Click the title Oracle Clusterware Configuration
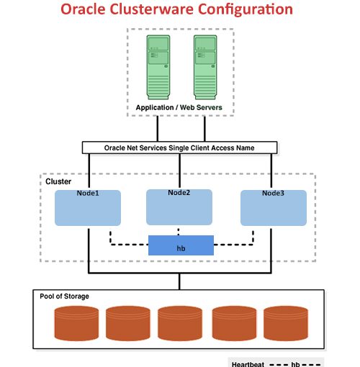(176, 10)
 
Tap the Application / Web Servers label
(179, 108)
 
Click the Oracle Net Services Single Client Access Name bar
(179, 148)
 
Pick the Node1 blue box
(88, 207)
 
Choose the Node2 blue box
(179, 207)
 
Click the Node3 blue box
(273, 207)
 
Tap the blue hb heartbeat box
(181, 246)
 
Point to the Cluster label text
(58, 182)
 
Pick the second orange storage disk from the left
(127, 323)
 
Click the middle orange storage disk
(180, 323)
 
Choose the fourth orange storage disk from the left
(234, 323)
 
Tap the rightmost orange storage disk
(286, 323)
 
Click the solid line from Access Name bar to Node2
(179, 171)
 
